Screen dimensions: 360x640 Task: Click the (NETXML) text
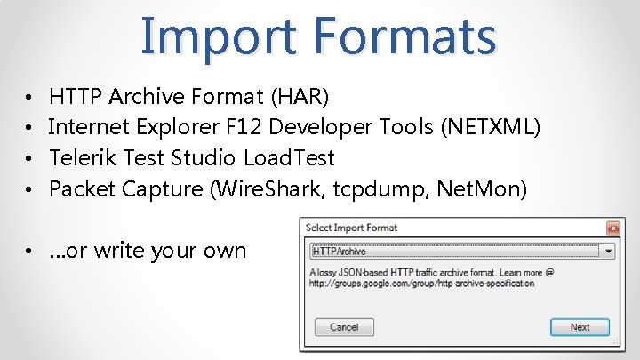point(490,127)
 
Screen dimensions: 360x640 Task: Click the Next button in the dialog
point(580,327)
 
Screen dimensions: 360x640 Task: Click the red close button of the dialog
point(612,228)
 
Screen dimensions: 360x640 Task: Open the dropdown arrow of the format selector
point(608,252)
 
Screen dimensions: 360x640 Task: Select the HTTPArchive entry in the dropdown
point(340,252)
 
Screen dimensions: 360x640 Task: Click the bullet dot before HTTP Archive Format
point(30,96)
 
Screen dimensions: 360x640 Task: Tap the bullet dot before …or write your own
point(30,252)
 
